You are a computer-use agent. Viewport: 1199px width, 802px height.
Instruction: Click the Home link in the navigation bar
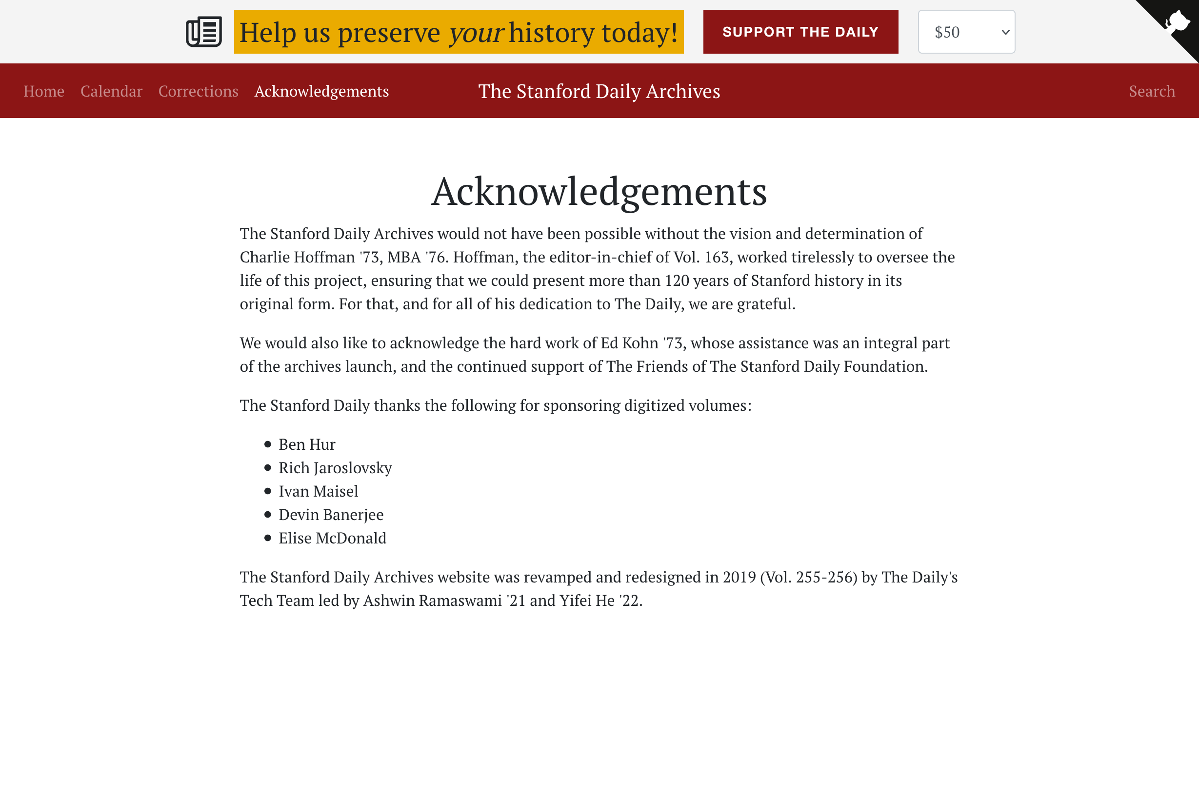[x=44, y=91]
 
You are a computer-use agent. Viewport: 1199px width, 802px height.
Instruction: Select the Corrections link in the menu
[x=198, y=91]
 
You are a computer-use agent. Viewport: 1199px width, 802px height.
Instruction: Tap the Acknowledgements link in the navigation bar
[x=321, y=91]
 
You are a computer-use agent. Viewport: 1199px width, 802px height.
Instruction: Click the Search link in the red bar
[x=1152, y=91]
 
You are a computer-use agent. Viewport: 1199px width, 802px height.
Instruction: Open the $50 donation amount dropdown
[x=966, y=32]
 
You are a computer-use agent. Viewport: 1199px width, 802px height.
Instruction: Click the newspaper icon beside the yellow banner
[x=203, y=32]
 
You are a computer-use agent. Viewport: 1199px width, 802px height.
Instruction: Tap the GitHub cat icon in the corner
[x=1177, y=22]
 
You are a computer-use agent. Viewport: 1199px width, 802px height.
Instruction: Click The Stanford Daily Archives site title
[x=599, y=91]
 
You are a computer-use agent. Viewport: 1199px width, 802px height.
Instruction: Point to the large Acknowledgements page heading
[x=599, y=191]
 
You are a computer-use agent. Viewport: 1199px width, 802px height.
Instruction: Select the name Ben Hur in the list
[x=307, y=444]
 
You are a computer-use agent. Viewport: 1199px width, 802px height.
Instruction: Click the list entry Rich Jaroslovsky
[x=335, y=468]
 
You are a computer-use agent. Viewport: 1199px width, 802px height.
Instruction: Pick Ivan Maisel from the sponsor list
[x=318, y=492]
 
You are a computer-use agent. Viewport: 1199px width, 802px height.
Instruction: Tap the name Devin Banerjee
[x=331, y=515]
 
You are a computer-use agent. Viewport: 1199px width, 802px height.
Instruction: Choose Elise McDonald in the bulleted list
[x=332, y=538]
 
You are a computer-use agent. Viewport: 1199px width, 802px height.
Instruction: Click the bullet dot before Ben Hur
[x=267, y=444]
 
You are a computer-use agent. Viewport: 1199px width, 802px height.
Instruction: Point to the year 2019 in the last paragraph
[x=739, y=577]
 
